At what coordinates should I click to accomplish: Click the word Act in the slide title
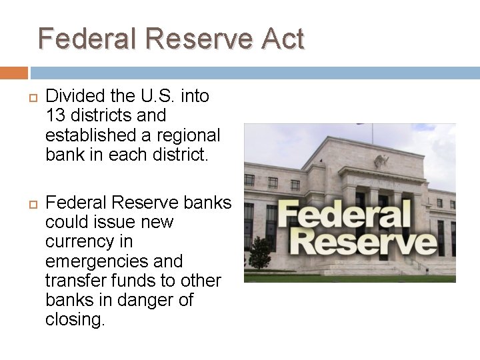282,39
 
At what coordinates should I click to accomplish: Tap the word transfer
74,280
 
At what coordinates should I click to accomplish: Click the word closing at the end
74,319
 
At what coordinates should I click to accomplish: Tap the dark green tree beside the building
260,253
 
